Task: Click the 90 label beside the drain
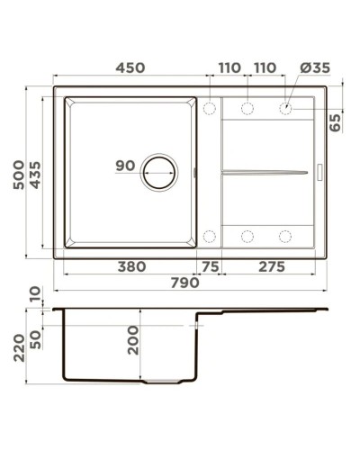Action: point(125,166)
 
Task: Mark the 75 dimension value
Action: point(209,266)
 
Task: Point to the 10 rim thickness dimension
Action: point(34,294)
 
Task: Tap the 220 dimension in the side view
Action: point(16,346)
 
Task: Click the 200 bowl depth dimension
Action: point(133,339)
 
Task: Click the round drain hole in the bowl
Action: point(159,170)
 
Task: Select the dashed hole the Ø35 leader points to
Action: point(285,108)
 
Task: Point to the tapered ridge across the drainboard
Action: point(265,170)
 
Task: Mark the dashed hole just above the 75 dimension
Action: point(209,237)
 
